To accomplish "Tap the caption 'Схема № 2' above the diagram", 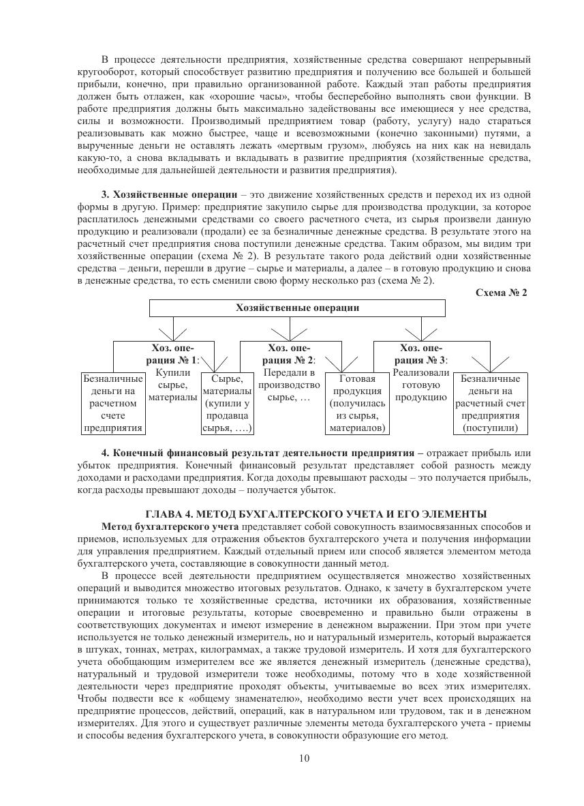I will tap(502, 293).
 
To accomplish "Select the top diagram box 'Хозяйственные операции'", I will tap(297, 308).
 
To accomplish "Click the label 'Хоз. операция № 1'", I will tap(174, 354).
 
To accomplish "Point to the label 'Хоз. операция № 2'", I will tap(290, 354).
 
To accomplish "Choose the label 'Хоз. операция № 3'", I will tap(422, 354).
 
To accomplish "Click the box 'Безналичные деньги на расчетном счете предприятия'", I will tap(113, 403).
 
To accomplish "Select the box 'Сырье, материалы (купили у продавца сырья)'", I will tap(228, 403).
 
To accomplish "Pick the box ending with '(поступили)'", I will tap(491, 403).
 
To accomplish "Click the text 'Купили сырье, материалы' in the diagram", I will tap(173, 385).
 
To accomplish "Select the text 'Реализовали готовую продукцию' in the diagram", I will tap(421, 385).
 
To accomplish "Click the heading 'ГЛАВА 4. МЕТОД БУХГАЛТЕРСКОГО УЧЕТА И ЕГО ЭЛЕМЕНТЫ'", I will tap(316, 513).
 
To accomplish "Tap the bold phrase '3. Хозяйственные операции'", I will tap(169, 195).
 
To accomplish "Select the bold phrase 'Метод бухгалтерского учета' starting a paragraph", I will tap(170, 527).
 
